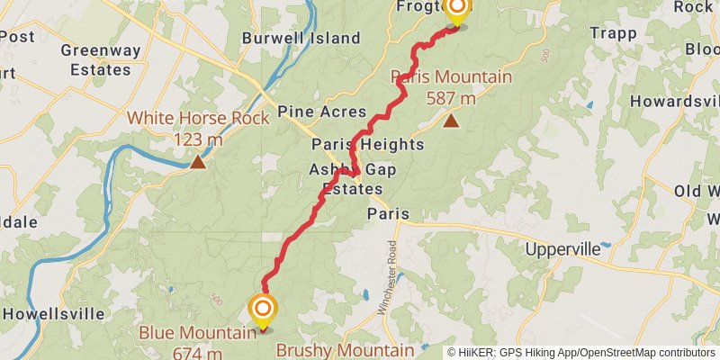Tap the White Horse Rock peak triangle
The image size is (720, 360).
[x=197, y=162]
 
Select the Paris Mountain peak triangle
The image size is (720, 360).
[x=450, y=120]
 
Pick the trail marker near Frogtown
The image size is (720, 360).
[x=457, y=10]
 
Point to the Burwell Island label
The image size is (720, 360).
[x=301, y=39]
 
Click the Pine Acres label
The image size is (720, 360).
[x=322, y=112]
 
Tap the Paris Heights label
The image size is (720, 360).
[x=368, y=144]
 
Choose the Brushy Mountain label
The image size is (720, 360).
[x=346, y=349]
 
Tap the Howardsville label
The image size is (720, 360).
[x=675, y=101]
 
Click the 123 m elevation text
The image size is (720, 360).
[x=197, y=139]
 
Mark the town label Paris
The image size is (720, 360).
[x=388, y=214]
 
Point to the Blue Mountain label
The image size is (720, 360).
[x=197, y=333]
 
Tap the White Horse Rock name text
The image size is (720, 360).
[x=197, y=118]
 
